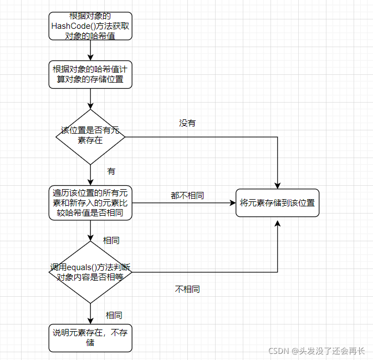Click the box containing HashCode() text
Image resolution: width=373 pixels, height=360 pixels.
[90, 26]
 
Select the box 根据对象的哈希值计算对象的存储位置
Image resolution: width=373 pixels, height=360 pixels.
[90, 74]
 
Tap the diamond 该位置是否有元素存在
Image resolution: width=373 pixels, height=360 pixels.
[90, 137]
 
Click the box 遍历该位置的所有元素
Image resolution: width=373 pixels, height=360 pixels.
[90, 203]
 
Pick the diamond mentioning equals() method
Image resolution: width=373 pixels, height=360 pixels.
[90, 272]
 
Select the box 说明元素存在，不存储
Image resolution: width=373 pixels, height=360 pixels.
[90, 338]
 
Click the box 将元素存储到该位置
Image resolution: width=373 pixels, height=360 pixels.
[277, 203]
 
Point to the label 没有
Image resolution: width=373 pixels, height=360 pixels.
[187, 123]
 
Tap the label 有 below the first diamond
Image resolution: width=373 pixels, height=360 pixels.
[111, 171]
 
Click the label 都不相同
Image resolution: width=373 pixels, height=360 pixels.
[187, 195]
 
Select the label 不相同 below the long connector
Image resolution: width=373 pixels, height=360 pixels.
[187, 290]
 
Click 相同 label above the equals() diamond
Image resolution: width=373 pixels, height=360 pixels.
[111, 241]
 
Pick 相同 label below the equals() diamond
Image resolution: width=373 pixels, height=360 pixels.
[114, 316]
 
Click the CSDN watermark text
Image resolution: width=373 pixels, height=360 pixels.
[316, 351]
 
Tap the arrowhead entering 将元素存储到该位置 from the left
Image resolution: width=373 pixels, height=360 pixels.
[233, 203]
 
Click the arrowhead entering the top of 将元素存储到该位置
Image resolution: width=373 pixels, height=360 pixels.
[277, 186]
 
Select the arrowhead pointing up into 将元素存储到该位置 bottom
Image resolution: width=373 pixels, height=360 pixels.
[277, 224]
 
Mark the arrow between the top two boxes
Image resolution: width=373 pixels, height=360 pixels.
[90, 50]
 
